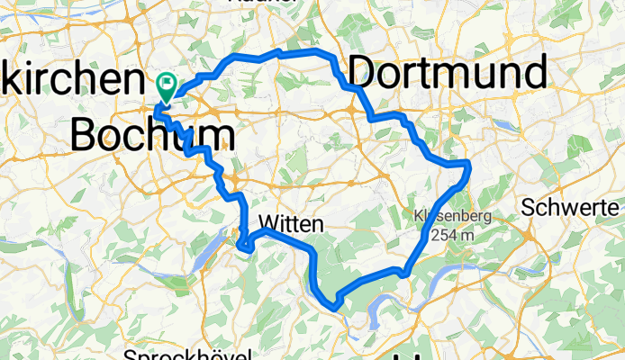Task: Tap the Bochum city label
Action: [153, 136]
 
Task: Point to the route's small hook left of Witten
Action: [241, 240]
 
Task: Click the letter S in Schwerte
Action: [529, 207]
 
